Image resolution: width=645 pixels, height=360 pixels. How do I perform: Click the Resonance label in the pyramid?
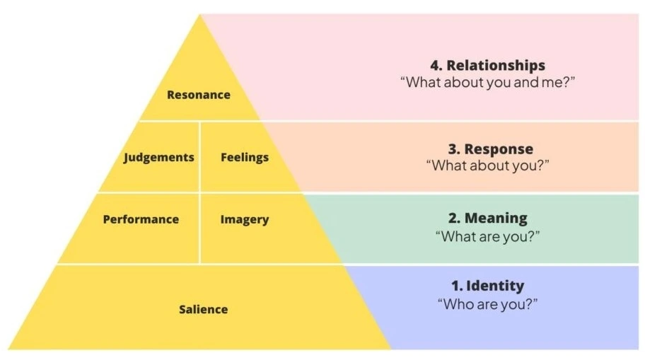click(x=199, y=95)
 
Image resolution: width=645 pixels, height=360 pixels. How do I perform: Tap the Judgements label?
click(x=159, y=157)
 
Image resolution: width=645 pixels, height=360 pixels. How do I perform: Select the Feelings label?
click(x=245, y=157)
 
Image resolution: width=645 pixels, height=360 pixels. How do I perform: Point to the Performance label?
click(x=141, y=219)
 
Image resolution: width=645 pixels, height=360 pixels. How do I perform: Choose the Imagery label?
click(x=245, y=219)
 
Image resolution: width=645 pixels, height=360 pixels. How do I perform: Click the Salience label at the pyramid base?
click(x=203, y=309)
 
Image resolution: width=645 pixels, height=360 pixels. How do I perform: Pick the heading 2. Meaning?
click(x=487, y=218)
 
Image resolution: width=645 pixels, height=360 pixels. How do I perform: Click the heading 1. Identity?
click(x=487, y=286)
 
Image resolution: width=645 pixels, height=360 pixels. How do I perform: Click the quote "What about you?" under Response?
click(x=487, y=166)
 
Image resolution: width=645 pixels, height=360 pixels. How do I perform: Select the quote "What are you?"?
click(x=487, y=236)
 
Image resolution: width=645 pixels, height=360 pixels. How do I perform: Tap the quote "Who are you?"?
click(x=487, y=304)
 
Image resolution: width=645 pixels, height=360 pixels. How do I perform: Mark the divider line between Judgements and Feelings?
click(x=200, y=156)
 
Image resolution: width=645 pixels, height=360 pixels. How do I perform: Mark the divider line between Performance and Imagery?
click(x=200, y=228)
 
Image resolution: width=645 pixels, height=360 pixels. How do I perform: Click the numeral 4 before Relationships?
click(x=432, y=66)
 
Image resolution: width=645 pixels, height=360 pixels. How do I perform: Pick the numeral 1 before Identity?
click(x=455, y=286)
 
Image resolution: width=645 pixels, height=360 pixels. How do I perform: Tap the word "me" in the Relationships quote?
click(x=555, y=82)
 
